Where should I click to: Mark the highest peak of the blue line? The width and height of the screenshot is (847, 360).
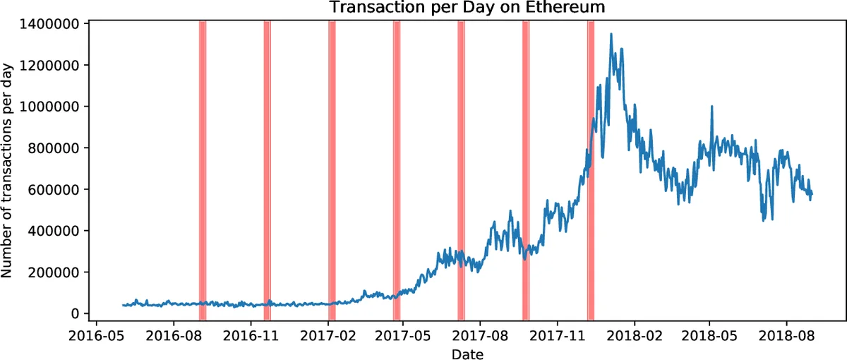[611, 34]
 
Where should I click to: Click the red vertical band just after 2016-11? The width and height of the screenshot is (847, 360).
[268, 169]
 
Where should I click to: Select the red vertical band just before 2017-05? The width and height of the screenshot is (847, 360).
[397, 169]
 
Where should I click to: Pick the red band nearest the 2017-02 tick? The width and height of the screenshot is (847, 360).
[332, 169]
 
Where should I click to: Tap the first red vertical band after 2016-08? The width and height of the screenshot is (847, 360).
[203, 169]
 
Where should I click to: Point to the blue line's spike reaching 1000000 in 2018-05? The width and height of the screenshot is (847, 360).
[712, 107]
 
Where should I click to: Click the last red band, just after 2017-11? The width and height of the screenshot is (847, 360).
[591, 169]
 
